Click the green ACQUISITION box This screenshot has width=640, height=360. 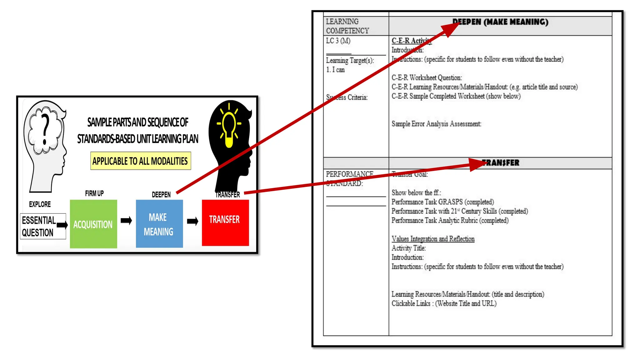[93, 224]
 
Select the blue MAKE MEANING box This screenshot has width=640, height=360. [159, 224]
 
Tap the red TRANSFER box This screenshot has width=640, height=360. [225, 222]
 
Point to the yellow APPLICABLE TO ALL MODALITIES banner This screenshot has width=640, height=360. [140, 161]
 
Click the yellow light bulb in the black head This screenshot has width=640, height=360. [229, 127]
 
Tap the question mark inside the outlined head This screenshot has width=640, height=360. [46, 129]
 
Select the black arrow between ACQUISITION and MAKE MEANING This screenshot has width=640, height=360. [126, 221]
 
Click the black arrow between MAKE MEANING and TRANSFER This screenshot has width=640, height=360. [192, 221]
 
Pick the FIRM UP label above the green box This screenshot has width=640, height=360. [94, 193]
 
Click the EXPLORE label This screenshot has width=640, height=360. [40, 204]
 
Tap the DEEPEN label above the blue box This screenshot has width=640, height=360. [161, 195]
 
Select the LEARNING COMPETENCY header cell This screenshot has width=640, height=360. [347, 26]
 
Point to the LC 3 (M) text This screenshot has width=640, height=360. [338, 41]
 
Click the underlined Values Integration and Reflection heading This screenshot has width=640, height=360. [433, 239]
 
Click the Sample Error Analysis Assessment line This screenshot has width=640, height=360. [436, 124]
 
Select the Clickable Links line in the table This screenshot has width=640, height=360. [444, 303]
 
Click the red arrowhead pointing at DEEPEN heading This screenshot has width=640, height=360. [450, 29]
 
